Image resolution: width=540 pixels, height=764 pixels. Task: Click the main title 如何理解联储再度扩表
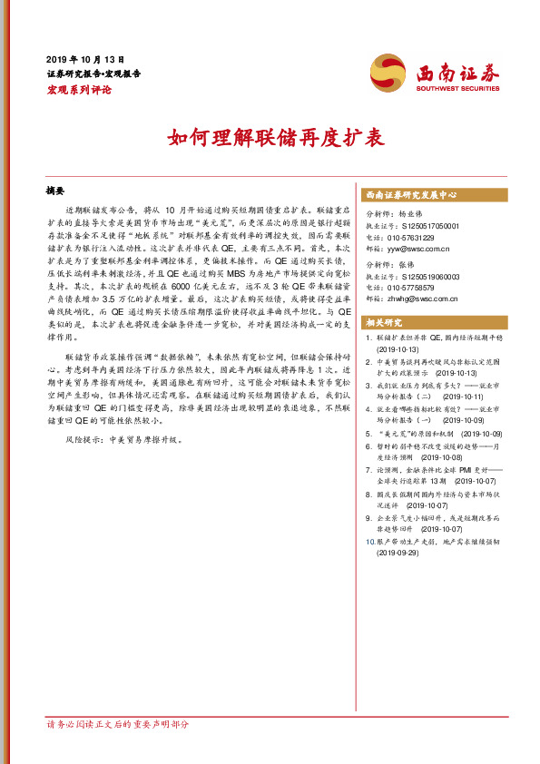270,139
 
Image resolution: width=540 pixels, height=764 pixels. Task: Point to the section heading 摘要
55,191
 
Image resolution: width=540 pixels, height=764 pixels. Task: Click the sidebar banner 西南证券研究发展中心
411,194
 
